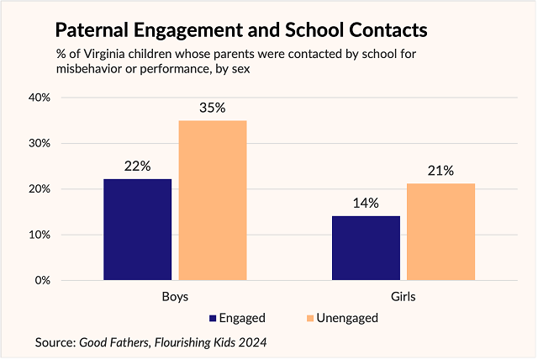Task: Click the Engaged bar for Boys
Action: pos(137,229)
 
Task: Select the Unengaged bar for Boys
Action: pos(213,200)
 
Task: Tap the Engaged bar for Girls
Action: pos(366,247)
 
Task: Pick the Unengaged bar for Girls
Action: pos(441,231)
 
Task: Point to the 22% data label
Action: pos(137,166)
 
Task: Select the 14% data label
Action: pos(366,203)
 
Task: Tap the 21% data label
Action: pos(440,171)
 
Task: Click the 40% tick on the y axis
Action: pos(40,98)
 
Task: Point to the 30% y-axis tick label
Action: pos(40,143)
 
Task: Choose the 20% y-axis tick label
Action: pos(40,189)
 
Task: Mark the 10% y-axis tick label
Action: pos(40,235)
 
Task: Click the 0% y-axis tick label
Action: pos(43,280)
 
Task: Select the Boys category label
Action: pos(175,297)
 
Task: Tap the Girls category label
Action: pos(403,297)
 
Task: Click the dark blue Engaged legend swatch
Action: pos(212,318)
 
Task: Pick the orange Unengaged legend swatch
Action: pos(309,318)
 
